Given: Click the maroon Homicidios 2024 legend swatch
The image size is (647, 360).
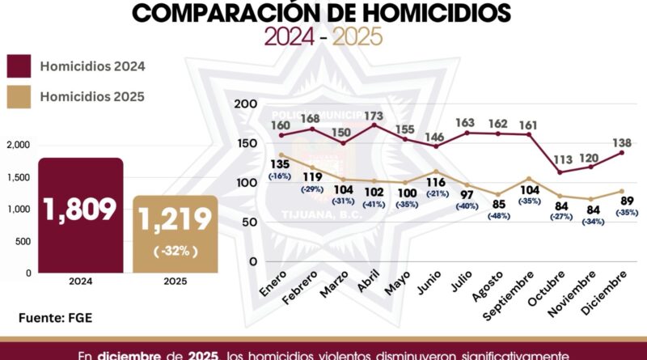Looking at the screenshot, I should [19, 66].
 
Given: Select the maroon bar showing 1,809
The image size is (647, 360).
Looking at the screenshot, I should [81, 215].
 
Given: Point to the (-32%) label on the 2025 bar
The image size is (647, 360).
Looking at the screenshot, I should [175, 251].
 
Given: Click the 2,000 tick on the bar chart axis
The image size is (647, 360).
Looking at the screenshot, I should [18, 145].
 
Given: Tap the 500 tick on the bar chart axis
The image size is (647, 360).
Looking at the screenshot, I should [23, 241].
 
